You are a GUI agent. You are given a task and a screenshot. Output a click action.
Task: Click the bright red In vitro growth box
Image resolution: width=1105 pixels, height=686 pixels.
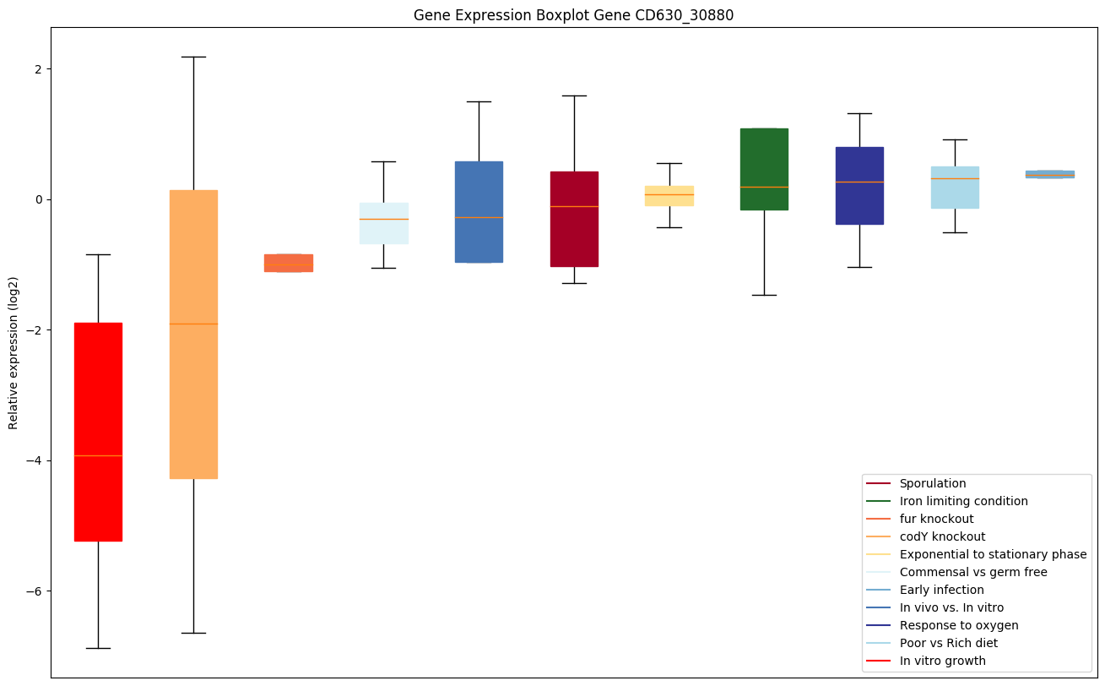[98, 431]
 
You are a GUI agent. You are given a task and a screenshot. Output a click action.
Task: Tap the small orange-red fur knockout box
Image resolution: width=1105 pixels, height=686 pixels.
[289, 263]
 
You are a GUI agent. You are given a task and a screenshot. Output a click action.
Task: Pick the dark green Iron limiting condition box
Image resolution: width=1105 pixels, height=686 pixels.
[764, 169]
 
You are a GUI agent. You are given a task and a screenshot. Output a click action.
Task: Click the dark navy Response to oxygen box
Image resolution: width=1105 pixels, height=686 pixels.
[859, 186]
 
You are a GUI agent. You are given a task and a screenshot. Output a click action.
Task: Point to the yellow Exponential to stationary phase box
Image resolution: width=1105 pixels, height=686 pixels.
[669, 195]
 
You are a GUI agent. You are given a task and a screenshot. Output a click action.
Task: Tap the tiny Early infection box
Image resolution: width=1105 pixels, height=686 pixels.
[1049, 174]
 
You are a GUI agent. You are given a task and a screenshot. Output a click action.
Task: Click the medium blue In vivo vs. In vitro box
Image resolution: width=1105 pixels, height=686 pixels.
[479, 211]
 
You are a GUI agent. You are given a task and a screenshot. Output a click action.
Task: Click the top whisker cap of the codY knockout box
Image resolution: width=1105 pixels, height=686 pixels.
[193, 57]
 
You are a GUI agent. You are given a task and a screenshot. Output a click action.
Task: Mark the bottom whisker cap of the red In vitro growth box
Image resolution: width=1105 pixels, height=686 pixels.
[98, 648]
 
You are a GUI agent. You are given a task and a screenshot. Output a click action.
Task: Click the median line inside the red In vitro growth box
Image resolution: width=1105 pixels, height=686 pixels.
[98, 455]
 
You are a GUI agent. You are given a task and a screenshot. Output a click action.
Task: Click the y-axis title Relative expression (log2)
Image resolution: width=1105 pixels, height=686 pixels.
[14, 352]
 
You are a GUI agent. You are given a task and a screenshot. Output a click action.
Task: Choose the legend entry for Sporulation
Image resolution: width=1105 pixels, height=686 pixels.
[932, 483]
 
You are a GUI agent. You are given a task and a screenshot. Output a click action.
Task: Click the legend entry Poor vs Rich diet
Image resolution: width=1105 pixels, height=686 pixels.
[948, 643]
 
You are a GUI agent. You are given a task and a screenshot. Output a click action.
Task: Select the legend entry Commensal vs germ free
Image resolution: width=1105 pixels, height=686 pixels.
[972, 572]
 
